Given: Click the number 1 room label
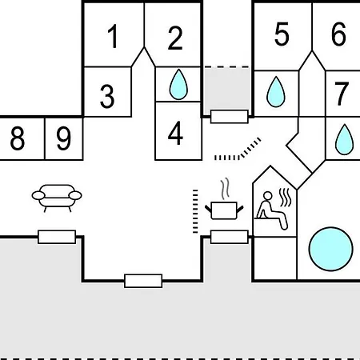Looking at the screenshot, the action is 113,36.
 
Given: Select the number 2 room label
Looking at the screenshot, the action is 175,38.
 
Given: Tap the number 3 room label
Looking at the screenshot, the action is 107,96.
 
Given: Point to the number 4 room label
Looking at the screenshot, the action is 175,133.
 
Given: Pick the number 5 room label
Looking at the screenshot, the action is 282,34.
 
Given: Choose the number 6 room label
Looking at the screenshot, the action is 338,34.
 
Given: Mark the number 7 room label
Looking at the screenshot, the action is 342,94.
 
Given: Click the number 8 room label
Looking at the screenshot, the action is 18,138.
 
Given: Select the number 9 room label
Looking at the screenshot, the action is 64,138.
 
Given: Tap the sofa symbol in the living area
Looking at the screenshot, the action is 57,198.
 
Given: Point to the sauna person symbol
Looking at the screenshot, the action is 274,210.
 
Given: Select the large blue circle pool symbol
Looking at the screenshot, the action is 331,249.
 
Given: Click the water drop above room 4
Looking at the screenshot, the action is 178,84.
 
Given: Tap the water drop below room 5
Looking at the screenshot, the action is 276,91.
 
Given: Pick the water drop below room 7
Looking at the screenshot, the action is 344,139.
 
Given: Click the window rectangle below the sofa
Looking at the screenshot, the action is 57,237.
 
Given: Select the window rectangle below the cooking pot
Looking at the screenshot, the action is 230,237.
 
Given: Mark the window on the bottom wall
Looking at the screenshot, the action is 143,281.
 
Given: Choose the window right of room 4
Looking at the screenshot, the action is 230,117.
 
